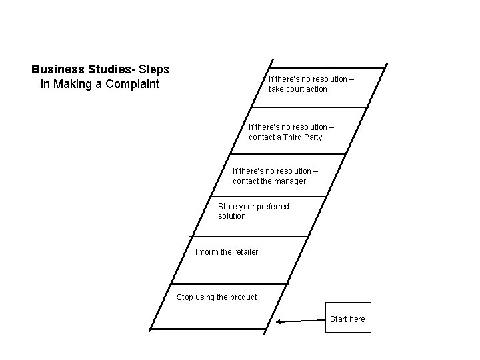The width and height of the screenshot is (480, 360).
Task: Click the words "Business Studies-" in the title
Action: coord(83,69)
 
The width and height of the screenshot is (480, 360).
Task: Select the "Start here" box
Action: coord(347,319)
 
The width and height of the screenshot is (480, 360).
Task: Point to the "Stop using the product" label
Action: coord(216,297)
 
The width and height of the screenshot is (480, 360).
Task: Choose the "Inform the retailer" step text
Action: coord(227,252)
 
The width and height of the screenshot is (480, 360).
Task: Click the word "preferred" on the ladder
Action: coord(273,207)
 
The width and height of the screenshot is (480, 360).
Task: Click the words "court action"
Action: coord(308,89)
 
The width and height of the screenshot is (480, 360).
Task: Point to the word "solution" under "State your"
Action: coord(232,216)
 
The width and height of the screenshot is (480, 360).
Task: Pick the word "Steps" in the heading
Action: coord(154,69)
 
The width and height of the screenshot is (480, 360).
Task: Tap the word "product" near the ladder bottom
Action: coord(241,297)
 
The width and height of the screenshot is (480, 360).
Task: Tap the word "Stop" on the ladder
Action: coord(185,297)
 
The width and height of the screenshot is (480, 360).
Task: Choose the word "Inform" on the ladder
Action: coord(205,252)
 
